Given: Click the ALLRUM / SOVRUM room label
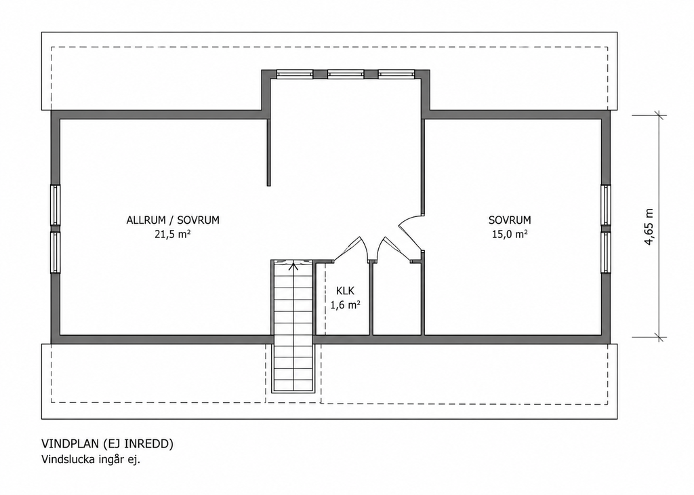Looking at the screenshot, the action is tap(173, 220).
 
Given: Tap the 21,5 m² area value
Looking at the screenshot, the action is tap(173, 234).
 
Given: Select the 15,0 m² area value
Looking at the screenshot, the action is tap(510, 234).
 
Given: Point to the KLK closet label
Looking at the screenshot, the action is tap(345, 291).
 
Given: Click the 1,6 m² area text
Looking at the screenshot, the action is tap(345, 305).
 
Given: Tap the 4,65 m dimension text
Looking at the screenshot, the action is tap(649, 226).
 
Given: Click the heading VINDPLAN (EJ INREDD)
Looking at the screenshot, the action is tap(108, 444).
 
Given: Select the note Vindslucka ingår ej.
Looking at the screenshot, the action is tap(91, 460).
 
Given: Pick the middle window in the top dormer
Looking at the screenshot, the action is tap(346, 75).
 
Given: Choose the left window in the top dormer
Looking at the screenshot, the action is tap(295, 75).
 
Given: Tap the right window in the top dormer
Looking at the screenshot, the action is tap(396, 75).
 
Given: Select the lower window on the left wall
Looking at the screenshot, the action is tap(56, 252).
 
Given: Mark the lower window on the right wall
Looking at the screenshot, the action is tap(606, 252).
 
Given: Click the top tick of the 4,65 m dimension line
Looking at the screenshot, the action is tap(660, 116).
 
